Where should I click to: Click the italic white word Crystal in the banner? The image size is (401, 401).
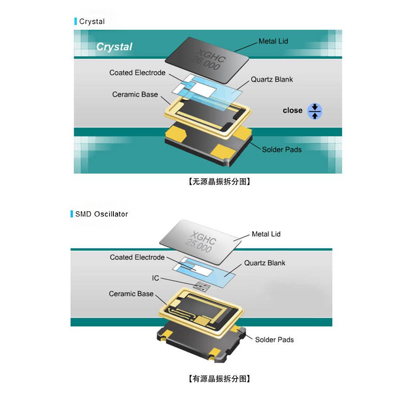pos(114,47)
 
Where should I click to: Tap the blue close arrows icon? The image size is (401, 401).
pos(315,111)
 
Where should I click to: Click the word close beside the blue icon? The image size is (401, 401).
pos(293,110)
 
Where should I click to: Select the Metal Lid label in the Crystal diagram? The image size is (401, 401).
pos(273,41)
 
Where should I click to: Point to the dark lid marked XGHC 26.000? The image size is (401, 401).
pos(207,60)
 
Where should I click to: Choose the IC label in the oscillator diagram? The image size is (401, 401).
pos(156,278)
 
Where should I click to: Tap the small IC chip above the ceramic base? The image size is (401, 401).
pos(202,286)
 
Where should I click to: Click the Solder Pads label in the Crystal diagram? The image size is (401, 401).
pos(282,150)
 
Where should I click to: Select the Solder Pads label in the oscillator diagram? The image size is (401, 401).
pos(274,340)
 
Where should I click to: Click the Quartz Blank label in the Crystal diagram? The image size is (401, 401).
pos(272,79)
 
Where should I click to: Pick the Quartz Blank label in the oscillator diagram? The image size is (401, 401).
pos(265,263)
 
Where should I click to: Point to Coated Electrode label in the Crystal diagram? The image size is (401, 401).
pos(138,72)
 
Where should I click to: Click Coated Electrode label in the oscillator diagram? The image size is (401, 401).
pos(137,257)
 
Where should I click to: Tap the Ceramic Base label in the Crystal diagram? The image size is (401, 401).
pos(135,94)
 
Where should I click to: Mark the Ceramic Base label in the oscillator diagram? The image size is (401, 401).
pos(131,294)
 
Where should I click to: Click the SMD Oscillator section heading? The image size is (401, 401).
pos(101,214)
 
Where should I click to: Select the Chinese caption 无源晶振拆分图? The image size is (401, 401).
pos(219,182)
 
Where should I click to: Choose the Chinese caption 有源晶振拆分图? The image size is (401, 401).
pos(219,379)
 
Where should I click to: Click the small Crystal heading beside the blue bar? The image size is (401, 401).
pos(92,22)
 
